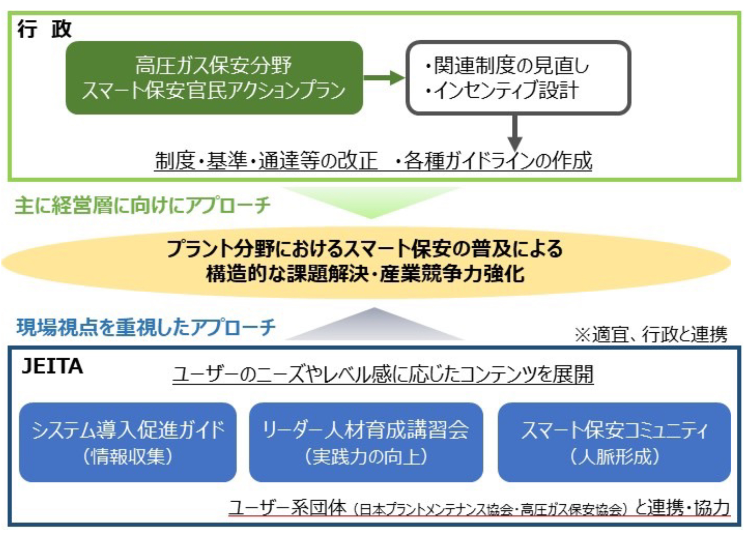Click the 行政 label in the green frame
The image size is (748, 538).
point(45,29)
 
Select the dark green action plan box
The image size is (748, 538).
point(214,78)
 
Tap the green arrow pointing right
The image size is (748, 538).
point(384,78)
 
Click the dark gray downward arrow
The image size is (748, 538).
point(515,133)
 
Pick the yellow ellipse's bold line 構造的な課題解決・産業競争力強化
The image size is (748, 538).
point(365,274)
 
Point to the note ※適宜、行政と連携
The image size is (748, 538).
point(651,334)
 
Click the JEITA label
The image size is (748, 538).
point(52,366)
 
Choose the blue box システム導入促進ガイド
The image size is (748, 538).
point(128,442)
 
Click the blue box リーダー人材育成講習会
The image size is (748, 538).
point(366,442)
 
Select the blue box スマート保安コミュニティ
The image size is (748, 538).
point(614,442)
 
